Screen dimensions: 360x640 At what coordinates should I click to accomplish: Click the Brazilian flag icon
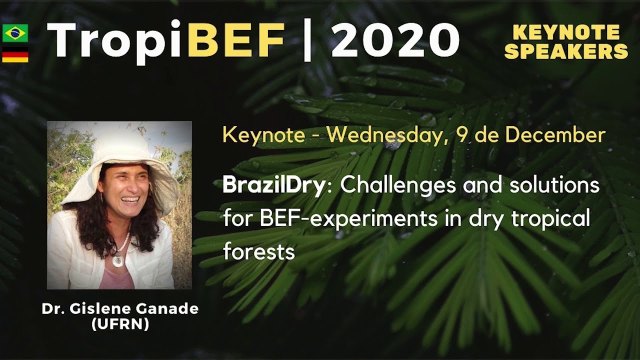point(15,33)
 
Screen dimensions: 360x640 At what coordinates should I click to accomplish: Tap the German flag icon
point(15,54)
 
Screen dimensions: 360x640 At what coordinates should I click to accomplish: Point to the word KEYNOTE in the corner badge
point(566,33)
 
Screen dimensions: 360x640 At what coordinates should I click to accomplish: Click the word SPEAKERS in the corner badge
point(566,51)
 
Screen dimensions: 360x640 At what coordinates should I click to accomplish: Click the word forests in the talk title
point(258,251)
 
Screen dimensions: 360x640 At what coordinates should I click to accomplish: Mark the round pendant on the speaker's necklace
point(118,260)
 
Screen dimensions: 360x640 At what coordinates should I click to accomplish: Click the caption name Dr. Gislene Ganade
point(120,309)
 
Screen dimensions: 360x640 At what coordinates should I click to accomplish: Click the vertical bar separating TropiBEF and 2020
point(307,41)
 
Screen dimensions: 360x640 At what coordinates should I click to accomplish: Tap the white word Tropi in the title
point(116,41)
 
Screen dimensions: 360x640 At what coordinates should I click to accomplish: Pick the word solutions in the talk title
point(556,186)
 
